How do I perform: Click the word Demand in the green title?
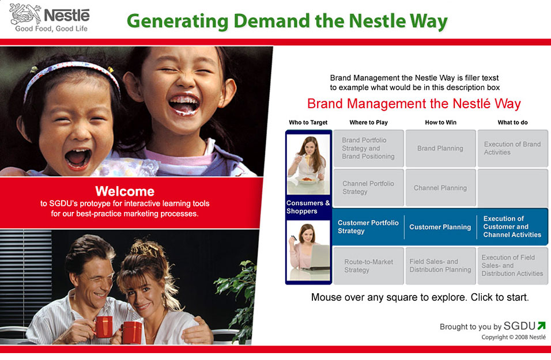tap(270, 21)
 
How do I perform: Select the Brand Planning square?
tap(440, 148)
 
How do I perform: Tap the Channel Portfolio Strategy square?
tap(368, 188)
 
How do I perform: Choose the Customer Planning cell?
tap(440, 227)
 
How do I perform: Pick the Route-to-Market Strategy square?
tap(368, 266)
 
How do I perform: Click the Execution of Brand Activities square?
tap(512, 148)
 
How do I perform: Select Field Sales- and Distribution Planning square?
tap(440, 266)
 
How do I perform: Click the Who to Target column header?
tap(308, 123)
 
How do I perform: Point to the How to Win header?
tap(441, 123)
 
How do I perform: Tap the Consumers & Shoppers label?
tap(308, 207)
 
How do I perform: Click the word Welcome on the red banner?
tap(124, 191)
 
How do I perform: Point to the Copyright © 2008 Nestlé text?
tap(514, 337)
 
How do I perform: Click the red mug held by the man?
tap(104, 327)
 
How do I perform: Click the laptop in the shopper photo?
tap(319, 257)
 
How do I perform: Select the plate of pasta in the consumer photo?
tap(307, 180)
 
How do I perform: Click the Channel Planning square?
tap(440, 188)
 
